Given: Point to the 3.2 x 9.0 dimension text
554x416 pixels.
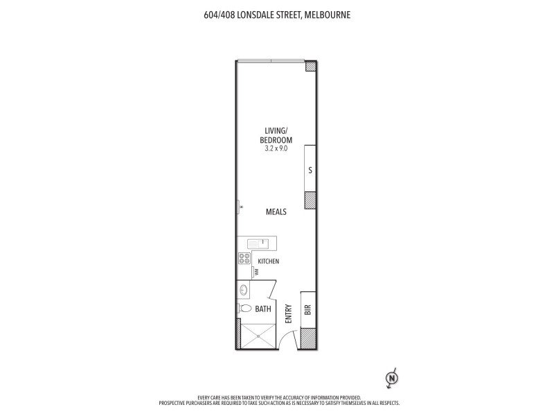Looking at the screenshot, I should click(x=276, y=148).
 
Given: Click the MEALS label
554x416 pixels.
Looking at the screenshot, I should click(x=276, y=212).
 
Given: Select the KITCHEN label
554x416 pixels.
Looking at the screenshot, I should click(x=269, y=261).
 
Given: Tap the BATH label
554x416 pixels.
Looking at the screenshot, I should click(x=262, y=309).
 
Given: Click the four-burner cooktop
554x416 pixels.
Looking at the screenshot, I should click(x=244, y=259).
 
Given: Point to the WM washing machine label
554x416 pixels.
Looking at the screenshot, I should click(x=256, y=272).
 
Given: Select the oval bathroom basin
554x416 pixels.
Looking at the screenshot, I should click(x=244, y=291).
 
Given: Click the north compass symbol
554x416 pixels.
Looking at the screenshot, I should click(x=392, y=379).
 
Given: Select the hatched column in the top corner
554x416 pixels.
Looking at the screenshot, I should click(x=311, y=67).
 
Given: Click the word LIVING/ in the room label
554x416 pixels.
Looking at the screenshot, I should click(x=276, y=131).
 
